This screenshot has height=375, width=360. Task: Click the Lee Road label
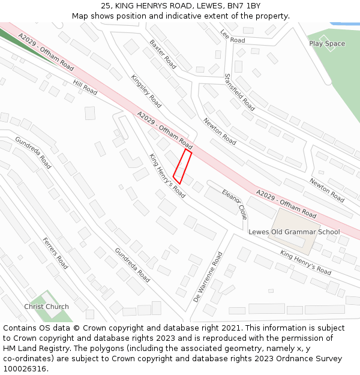tap(233, 37)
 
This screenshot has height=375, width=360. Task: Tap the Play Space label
tap(327, 44)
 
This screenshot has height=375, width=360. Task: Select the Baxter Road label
tap(163, 54)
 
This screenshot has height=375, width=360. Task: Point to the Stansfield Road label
tap(239, 92)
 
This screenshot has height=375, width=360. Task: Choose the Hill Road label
tap(85, 87)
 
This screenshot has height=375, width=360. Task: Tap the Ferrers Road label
tap(55, 253)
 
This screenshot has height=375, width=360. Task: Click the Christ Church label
tap(46, 307)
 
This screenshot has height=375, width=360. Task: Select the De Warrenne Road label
tap(208, 277)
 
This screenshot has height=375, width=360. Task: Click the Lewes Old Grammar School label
tap(294, 232)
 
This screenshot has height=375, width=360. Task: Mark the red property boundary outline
tap(182, 167)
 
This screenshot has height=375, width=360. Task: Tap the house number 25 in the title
tap(106, 5)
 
